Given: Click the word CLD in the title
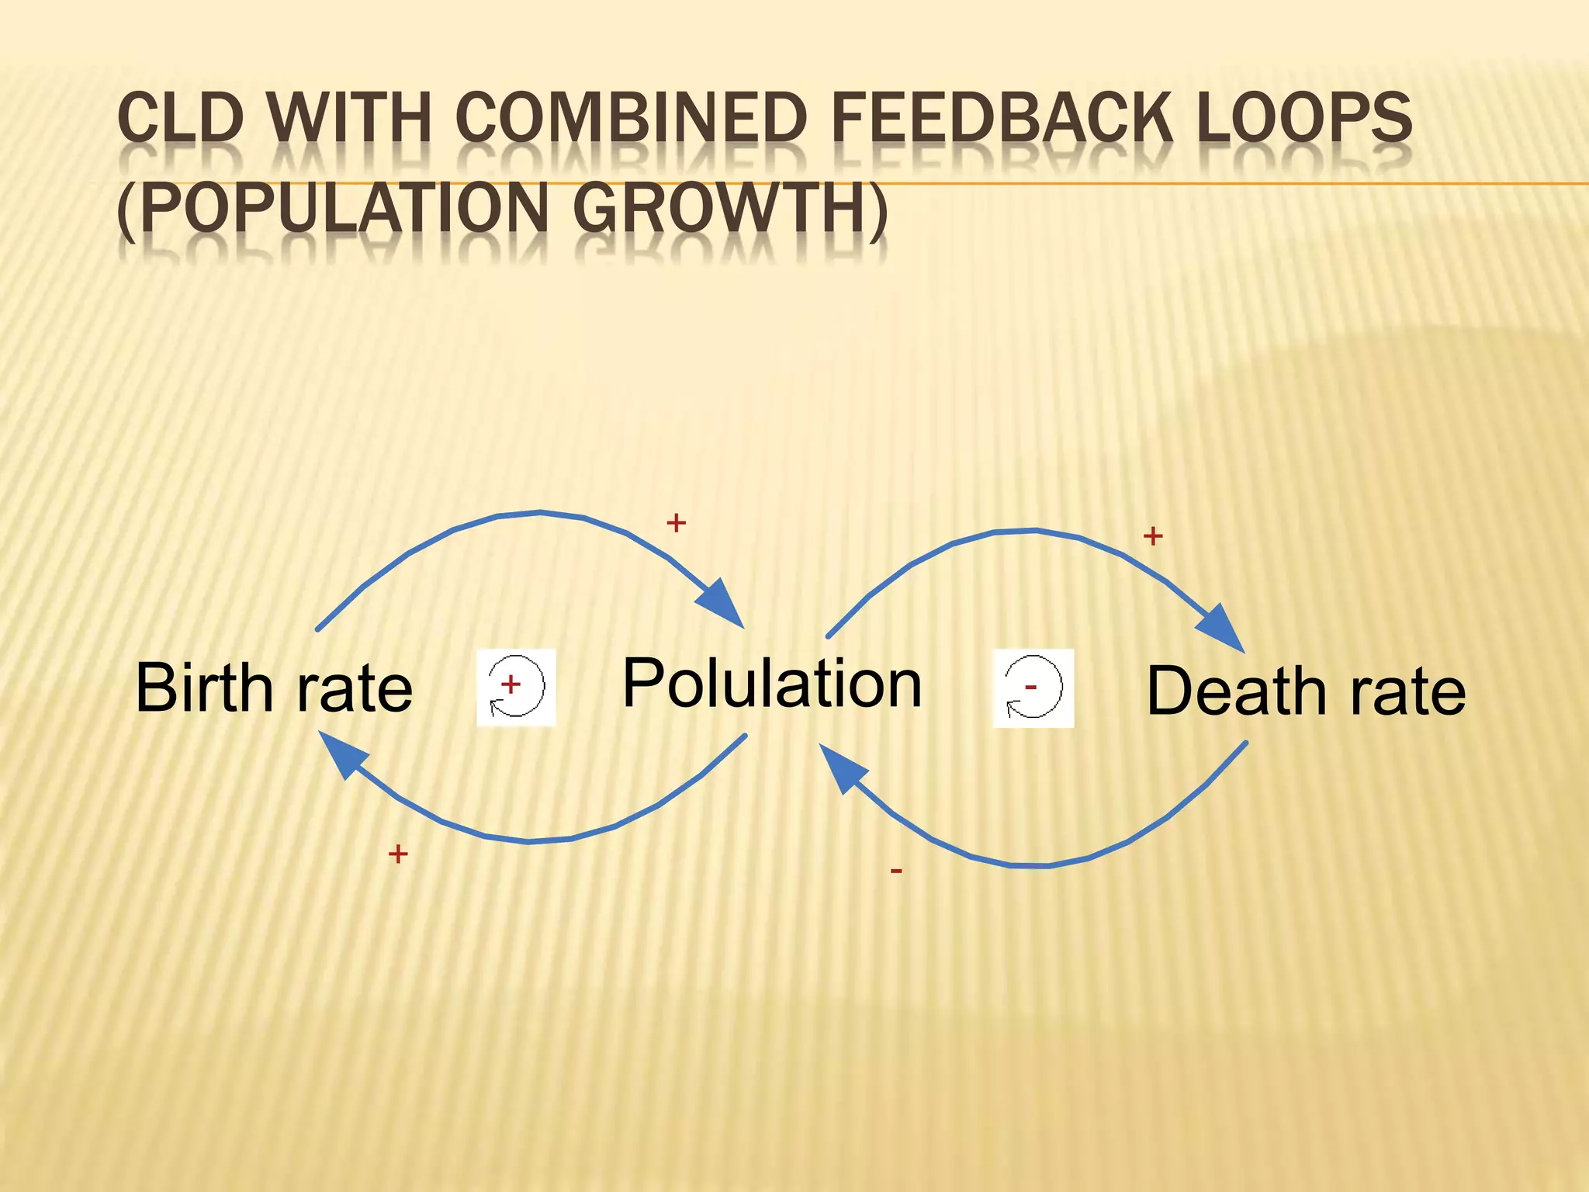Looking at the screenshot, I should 180,118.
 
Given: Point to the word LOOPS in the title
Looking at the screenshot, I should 1303,118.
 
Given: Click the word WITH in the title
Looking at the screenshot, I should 349,118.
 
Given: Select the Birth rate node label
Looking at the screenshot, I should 274,688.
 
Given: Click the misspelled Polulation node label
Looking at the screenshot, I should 772,683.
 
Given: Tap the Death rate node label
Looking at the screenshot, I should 1306,691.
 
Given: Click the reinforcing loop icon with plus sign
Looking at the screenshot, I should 516,687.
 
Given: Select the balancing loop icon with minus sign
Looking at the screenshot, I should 1033,688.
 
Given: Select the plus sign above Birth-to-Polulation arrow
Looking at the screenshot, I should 676,523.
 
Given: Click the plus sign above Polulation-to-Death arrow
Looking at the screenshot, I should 1153,535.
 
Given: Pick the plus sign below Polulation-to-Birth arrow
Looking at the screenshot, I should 398,854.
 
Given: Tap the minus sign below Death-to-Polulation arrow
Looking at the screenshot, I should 896,871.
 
